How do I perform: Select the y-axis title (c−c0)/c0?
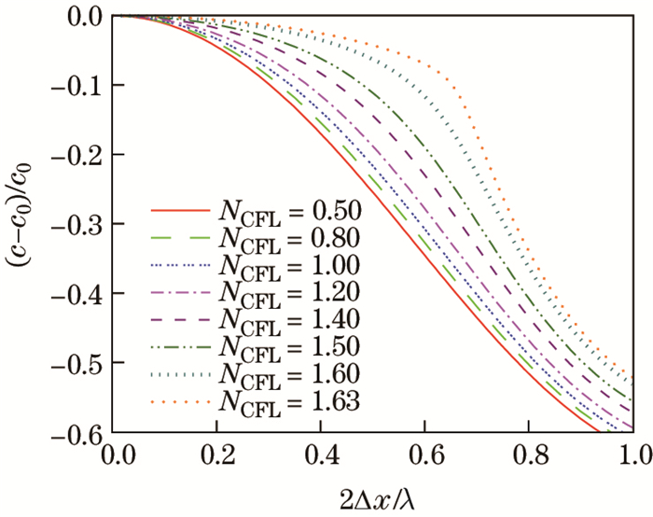[x=23, y=225]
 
